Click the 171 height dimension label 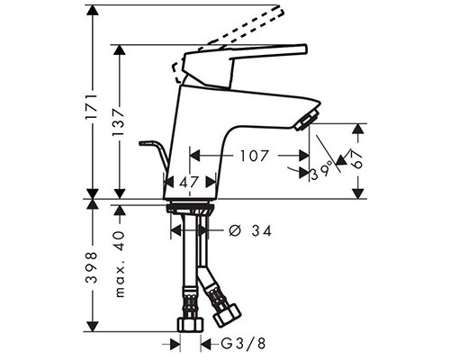click(x=91, y=108)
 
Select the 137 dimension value click(x=118, y=121)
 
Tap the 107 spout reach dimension click(x=254, y=156)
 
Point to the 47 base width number click(x=189, y=182)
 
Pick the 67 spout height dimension click(x=356, y=160)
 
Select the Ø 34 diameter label click(x=249, y=230)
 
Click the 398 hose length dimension click(x=91, y=267)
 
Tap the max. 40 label click(x=120, y=264)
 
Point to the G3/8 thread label click(x=243, y=343)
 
